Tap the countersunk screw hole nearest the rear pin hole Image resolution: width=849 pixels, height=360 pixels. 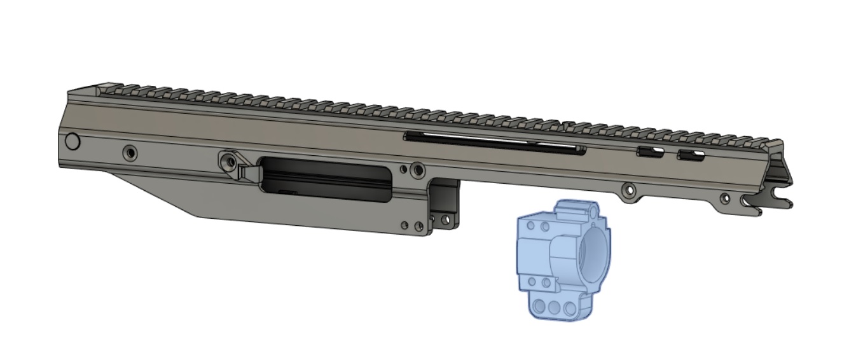130,153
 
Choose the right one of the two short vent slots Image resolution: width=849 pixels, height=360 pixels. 691,155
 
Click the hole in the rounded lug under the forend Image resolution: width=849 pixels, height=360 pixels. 629,190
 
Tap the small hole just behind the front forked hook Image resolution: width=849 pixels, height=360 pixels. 725,199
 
